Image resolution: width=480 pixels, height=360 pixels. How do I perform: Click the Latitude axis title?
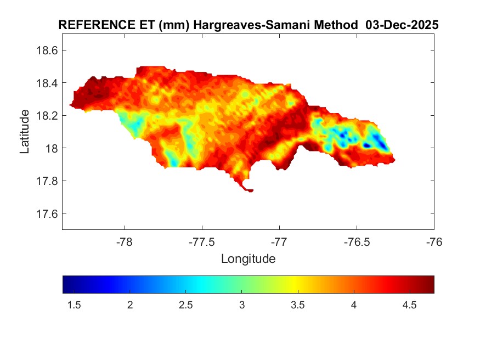pyautogui.click(x=25, y=131)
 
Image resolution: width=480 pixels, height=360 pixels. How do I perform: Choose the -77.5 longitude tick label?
pyautogui.click(x=202, y=241)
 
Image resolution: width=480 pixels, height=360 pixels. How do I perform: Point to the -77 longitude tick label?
pyautogui.click(x=279, y=241)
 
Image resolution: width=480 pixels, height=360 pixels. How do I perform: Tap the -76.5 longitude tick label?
pyautogui.click(x=357, y=241)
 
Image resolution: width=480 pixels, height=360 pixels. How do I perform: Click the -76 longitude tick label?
pyautogui.click(x=434, y=241)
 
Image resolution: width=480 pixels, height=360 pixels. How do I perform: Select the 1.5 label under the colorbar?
pyautogui.click(x=74, y=306)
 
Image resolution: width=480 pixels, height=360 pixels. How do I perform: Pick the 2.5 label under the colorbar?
pyautogui.click(x=186, y=306)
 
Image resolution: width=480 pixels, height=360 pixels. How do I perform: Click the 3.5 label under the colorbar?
pyautogui.click(x=298, y=306)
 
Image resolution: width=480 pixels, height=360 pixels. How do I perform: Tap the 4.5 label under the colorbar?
pyautogui.click(x=410, y=306)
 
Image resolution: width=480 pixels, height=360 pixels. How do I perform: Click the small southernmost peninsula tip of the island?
pyautogui.click(x=250, y=190)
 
